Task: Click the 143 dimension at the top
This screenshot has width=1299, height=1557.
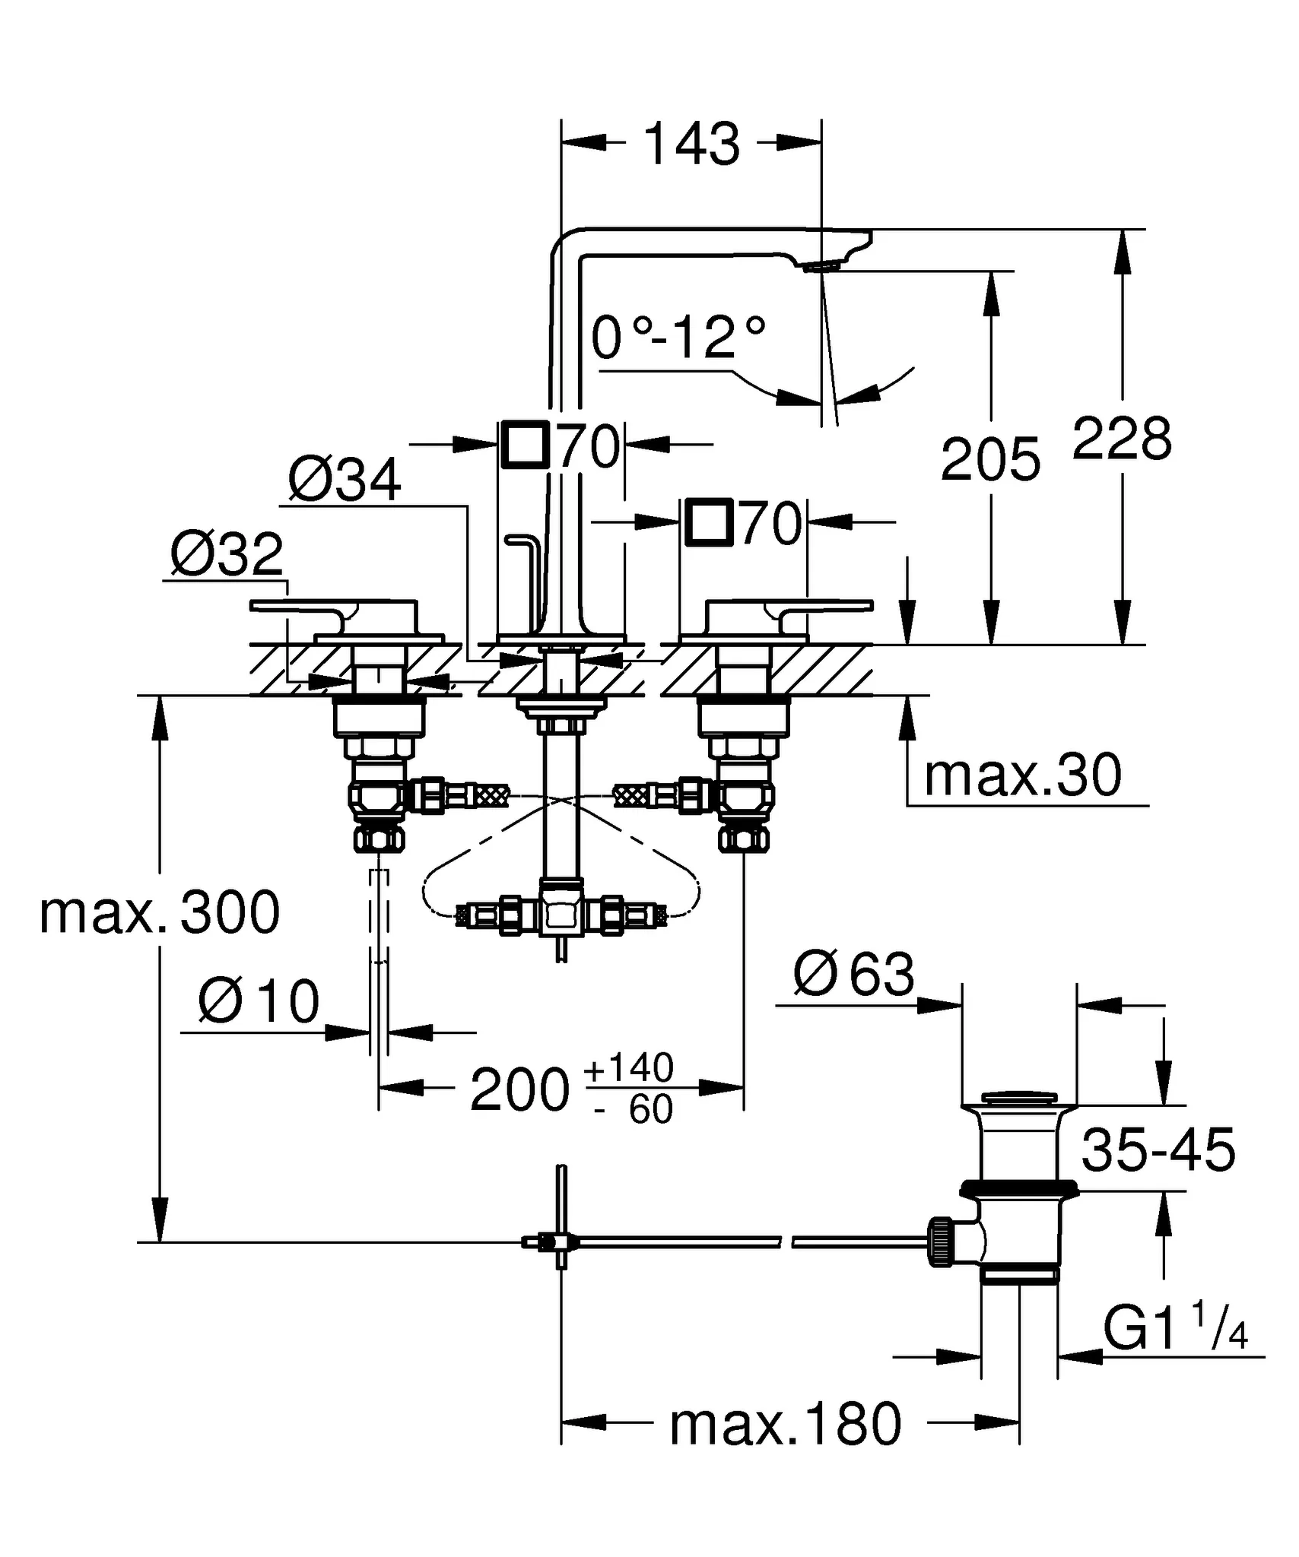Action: tap(691, 144)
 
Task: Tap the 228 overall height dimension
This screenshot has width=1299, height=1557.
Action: tap(1122, 439)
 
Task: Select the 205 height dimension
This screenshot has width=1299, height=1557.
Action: tap(990, 460)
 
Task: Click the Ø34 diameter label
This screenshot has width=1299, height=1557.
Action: tap(345, 480)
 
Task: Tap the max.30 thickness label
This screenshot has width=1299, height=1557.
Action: tap(1022, 775)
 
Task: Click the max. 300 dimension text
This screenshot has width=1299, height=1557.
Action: tap(160, 913)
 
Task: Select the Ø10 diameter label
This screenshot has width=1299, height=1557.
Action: tap(259, 1001)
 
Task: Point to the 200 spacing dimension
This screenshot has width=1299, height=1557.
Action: tap(519, 1091)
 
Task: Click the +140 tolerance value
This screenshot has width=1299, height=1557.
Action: tap(628, 1067)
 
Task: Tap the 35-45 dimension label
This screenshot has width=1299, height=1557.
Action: tap(1158, 1150)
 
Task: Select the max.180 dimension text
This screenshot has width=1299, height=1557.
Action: tap(785, 1425)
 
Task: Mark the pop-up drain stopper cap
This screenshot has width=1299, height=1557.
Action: tap(1018, 1098)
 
